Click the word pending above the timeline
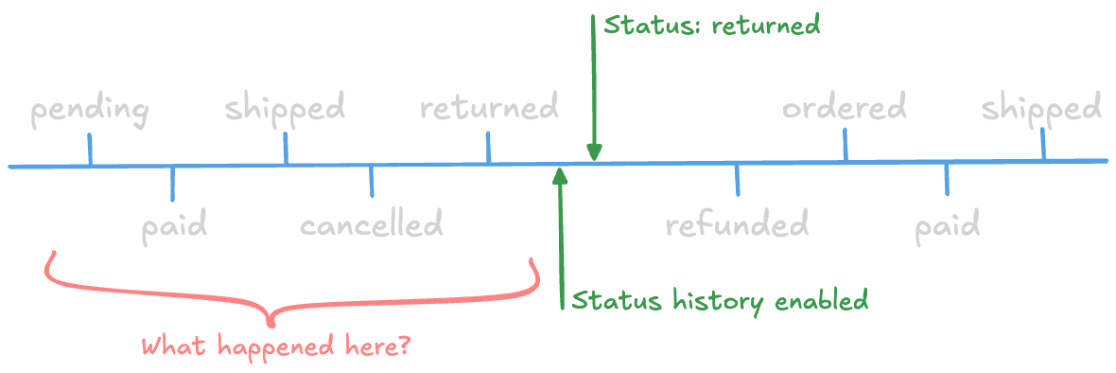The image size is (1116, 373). coord(90,110)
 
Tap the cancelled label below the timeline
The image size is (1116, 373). coord(371,225)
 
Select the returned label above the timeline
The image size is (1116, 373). coord(489,107)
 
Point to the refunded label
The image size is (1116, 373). coord(737,225)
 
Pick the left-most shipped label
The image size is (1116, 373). coord(285,108)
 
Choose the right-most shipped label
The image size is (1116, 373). coord(1041,108)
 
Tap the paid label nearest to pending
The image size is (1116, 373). coord(174,226)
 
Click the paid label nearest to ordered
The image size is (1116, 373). coord(947,226)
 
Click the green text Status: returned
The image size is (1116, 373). coord(711,25)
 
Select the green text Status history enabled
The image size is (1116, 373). coord(720,301)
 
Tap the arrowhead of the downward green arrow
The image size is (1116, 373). coord(594,152)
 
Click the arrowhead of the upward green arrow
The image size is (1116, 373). coord(561,176)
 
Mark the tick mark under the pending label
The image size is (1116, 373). coord(90,150)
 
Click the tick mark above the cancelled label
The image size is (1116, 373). coord(371,182)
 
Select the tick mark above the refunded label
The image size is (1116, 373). coord(738,179)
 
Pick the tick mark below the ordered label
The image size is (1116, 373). coord(846,145)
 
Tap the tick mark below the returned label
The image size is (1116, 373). coord(488,148)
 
